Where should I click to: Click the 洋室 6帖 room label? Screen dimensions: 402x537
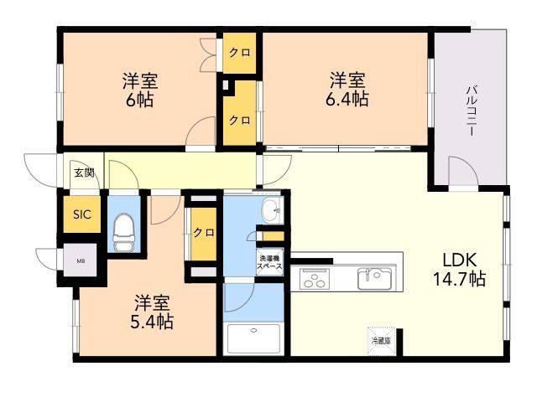click(140, 90)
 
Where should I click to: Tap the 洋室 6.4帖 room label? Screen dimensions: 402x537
click(347, 89)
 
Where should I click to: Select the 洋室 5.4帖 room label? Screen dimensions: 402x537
click(152, 312)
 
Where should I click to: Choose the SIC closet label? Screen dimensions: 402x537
click(81, 214)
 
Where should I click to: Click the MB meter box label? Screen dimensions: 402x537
click(81, 261)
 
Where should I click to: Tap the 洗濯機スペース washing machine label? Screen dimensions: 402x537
click(270, 262)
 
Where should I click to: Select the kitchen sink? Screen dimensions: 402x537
click(374, 277)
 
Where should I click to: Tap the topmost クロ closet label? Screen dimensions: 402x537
click(239, 53)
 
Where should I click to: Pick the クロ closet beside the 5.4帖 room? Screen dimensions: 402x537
click(202, 232)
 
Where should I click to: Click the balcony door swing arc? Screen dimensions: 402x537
click(461, 172)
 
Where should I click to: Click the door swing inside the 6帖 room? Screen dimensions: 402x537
click(201, 134)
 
